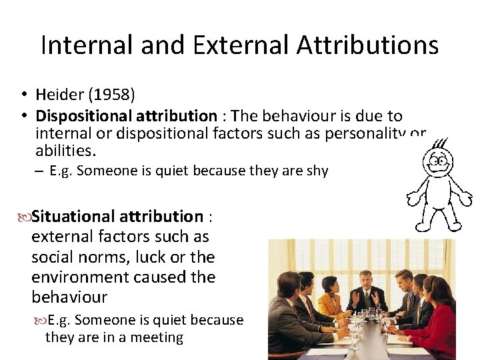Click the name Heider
pyautogui.click(x=59, y=95)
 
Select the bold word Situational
pyautogui.click(x=73, y=217)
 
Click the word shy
pyautogui.click(x=317, y=171)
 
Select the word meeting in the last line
pyautogui.click(x=159, y=337)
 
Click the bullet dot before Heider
pyautogui.click(x=23, y=95)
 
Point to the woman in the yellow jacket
pyautogui.click(x=331, y=297)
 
